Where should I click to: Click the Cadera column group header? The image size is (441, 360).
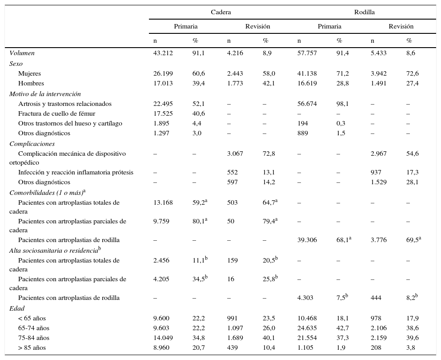(x=220, y=12)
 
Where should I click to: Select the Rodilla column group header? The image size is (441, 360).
(x=364, y=12)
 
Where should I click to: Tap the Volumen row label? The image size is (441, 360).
(x=22, y=53)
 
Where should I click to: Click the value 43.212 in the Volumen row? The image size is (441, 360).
(x=163, y=53)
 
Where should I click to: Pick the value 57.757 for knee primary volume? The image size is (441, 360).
(x=307, y=53)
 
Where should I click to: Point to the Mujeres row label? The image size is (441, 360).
(x=30, y=73)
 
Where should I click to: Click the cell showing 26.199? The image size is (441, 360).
(x=163, y=73)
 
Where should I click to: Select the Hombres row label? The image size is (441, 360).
(x=31, y=83)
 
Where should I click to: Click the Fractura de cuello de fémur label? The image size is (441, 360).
(x=56, y=113)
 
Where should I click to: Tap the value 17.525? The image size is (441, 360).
(x=163, y=113)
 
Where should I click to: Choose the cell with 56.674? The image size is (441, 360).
(x=307, y=104)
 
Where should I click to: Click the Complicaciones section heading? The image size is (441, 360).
(x=32, y=144)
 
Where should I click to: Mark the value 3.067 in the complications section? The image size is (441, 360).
(x=235, y=154)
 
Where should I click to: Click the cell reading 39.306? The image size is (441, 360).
(x=307, y=240)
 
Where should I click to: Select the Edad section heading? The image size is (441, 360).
(x=17, y=308)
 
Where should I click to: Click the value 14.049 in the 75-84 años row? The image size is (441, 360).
(x=163, y=338)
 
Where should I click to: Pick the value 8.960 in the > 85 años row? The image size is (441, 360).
(x=161, y=348)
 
